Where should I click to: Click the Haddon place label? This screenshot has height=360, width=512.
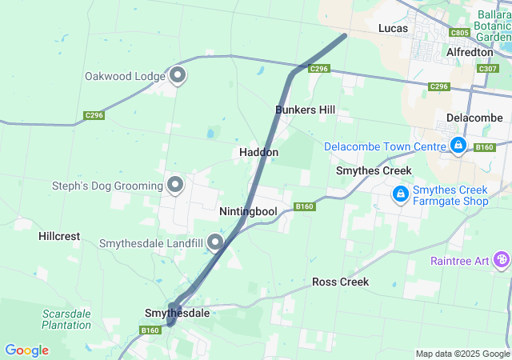pos(258,152)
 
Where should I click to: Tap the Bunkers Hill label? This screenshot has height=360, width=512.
pos(305,110)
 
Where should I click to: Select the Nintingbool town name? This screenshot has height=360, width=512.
pos(247,212)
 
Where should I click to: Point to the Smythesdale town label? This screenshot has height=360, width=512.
pos(177,313)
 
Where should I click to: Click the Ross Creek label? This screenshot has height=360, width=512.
pos(340,282)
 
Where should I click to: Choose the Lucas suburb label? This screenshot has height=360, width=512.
pos(393,29)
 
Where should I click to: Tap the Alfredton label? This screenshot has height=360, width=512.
pos(470,52)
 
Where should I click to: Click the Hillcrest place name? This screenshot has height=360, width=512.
pos(59,237)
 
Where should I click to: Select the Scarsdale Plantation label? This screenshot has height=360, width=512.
pos(66,319)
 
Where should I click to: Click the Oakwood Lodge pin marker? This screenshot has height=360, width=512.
pos(178,75)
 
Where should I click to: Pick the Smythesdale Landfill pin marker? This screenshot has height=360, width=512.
pos(214,241)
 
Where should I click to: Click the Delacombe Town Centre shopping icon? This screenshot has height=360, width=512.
pos(458,146)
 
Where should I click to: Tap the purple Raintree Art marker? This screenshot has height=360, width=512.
pos(502,259)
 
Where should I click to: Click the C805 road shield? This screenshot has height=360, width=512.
pos(459,33)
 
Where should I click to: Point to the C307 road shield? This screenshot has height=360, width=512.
pos(487,69)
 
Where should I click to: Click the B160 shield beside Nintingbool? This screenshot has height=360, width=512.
pos(304,206)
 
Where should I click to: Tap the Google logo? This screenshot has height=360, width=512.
pos(26,350)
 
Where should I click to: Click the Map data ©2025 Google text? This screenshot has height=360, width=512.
pos(462,354)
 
